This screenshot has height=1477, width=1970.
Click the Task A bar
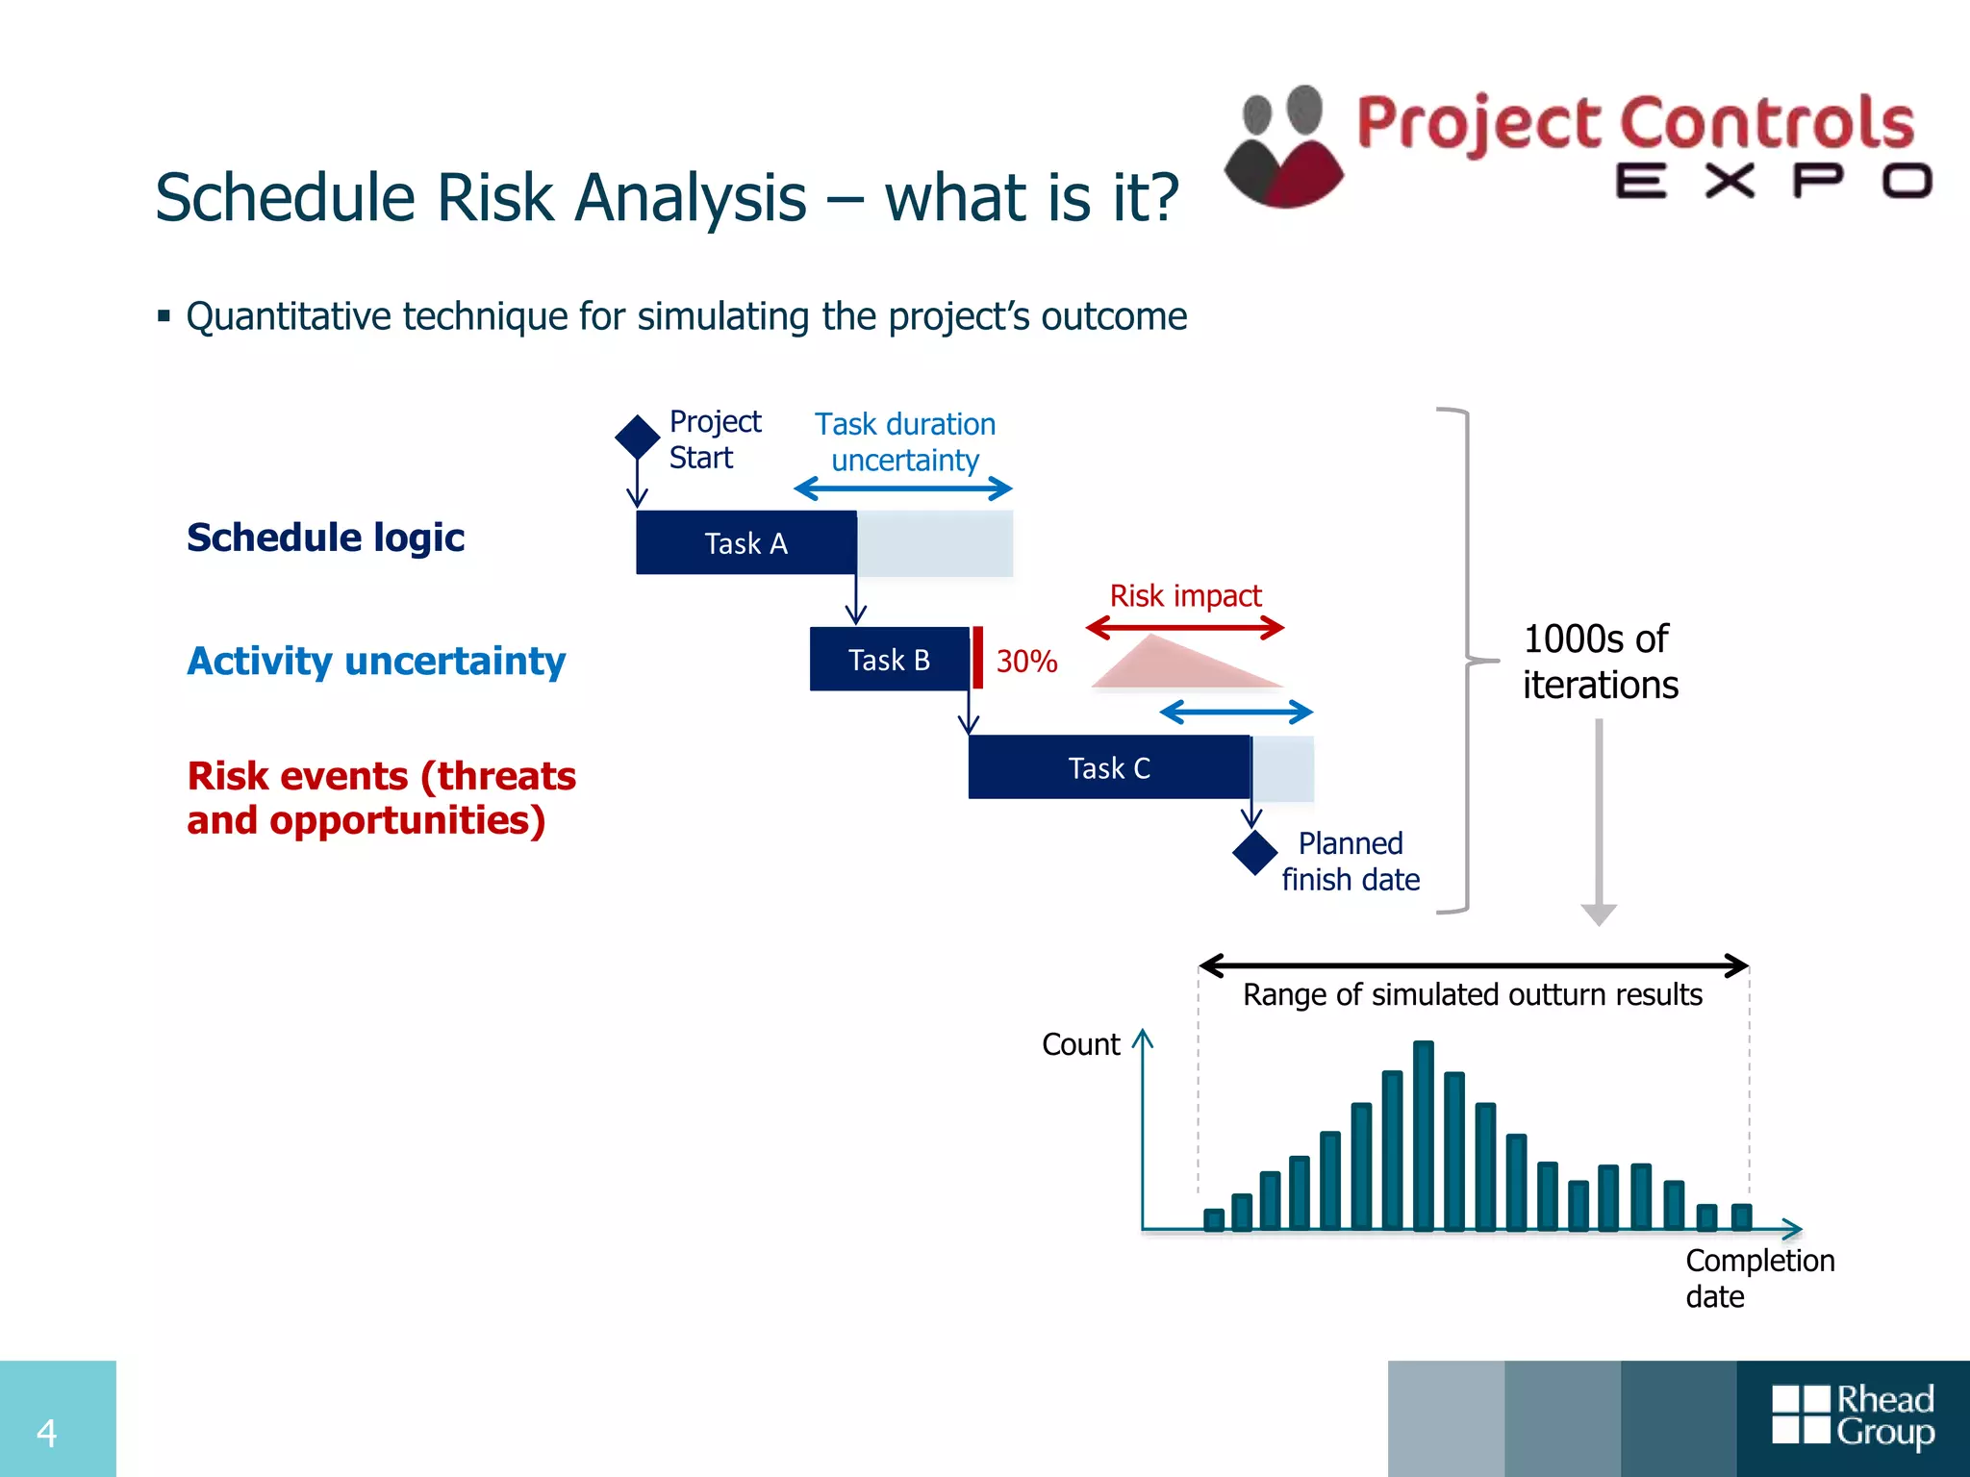point(746,542)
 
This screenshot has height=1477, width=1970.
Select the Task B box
point(890,660)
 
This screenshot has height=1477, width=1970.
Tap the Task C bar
point(1109,767)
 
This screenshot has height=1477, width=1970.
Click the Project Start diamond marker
point(637,438)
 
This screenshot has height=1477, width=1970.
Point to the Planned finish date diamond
point(1255,852)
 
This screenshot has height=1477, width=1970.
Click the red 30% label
point(1026,662)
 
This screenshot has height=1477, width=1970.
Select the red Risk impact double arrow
point(1185,629)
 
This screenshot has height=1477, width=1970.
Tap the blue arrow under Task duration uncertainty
point(903,488)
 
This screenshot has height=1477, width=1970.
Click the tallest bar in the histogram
point(1424,1135)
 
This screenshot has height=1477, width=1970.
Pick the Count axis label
point(1080,1044)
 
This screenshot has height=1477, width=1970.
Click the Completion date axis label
point(1758,1278)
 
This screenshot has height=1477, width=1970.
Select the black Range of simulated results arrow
point(1474,965)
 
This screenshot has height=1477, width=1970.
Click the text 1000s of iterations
point(1600,662)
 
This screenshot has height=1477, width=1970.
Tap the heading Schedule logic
point(325,538)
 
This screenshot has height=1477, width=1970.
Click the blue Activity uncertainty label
point(376,662)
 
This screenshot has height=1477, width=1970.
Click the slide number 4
point(46,1433)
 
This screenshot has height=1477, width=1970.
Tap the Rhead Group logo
point(1853,1415)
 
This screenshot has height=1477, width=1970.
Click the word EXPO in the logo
point(1773,181)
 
